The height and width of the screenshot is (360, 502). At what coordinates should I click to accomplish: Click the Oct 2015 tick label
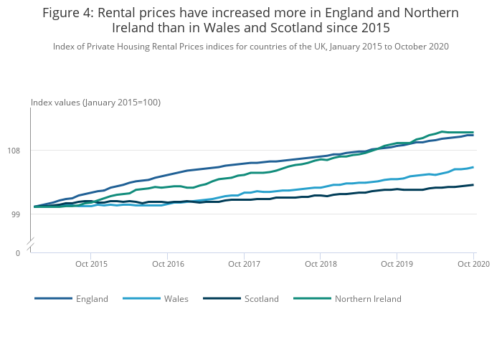tap(91, 265)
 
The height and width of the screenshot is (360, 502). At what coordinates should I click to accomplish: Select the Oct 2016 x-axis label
tap(168, 265)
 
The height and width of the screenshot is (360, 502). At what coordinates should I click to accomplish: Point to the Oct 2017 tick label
tap(245, 265)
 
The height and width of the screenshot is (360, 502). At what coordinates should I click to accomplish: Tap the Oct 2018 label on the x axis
tap(321, 265)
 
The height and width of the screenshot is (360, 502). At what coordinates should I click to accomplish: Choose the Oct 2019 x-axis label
tap(397, 265)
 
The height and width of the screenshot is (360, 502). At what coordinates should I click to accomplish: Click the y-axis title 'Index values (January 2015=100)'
tap(95, 103)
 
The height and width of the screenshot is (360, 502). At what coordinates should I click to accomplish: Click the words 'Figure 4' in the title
tap(68, 13)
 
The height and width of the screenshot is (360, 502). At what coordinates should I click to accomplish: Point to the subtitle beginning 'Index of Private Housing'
tap(250, 47)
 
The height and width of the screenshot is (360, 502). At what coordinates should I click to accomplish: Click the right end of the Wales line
tap(473, 168)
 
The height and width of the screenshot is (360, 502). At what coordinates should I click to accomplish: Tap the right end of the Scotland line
tap(473, 185)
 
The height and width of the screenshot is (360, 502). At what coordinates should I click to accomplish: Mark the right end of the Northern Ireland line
tap(473, 132)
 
